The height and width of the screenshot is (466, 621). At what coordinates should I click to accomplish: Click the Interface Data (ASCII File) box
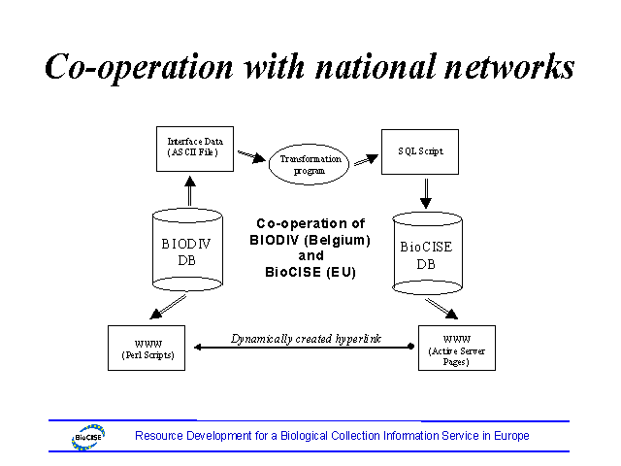point(194,148)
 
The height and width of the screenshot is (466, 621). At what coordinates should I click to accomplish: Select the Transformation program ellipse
point(310,164)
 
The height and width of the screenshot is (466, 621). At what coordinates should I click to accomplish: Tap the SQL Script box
point(419,151)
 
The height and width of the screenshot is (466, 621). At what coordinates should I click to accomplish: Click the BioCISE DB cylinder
point(426,253)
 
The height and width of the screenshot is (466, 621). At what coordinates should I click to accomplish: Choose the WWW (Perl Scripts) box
point(146,348)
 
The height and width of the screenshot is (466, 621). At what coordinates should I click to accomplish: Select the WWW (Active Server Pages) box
point(456,348)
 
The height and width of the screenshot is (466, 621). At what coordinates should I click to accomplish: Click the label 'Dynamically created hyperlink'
point(306,339)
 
